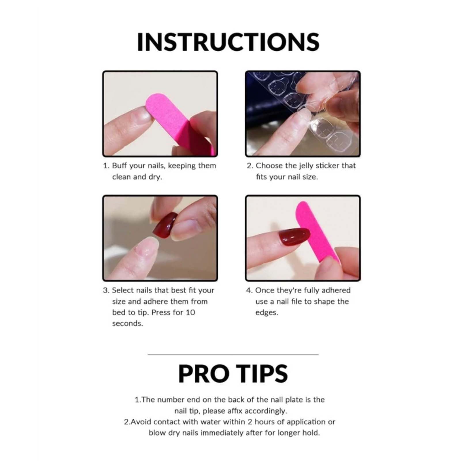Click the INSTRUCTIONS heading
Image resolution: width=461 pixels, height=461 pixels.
(x=228, y=42)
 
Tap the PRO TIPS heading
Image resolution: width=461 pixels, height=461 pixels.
(x=233, y=374)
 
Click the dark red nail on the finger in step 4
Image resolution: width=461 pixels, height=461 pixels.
(x=294, y=236)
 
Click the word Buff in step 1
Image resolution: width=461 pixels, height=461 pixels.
(x=119, y=166)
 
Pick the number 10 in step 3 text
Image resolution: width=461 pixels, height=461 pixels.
(x=190, y=312)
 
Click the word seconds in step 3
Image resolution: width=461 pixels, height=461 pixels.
(x=127, y=323)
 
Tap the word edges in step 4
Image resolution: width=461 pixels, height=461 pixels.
(x=267, y=312)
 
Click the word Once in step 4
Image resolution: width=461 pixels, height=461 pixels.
(x=264, y=290)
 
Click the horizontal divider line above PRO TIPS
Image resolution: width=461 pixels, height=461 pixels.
(x=233, y=354)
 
